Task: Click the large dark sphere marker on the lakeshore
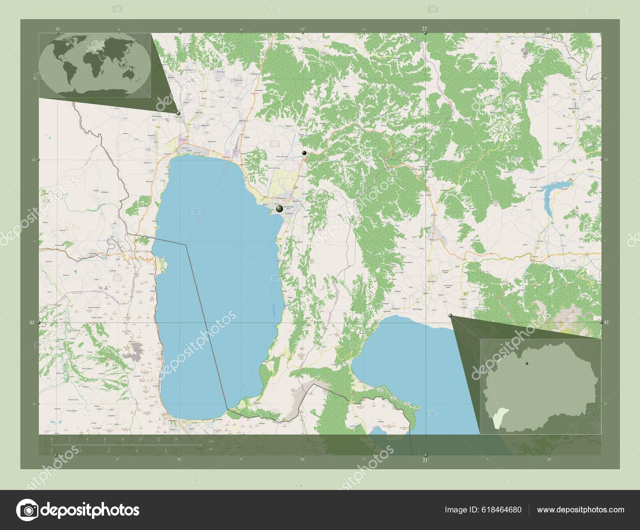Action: [x=279, y=208]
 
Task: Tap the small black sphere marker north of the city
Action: [x=305, y=153]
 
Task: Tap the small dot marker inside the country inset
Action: [x=527, y=362]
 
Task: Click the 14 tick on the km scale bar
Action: [x=176, y=440]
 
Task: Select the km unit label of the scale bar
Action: [x=211, y=441]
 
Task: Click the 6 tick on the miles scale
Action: [x=137, y=451]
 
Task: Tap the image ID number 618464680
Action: [x=502, y=510]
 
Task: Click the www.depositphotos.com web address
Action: [x=580, y=510]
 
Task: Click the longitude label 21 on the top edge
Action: [x=424, y=28]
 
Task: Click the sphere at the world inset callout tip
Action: [x=178, y=113]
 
